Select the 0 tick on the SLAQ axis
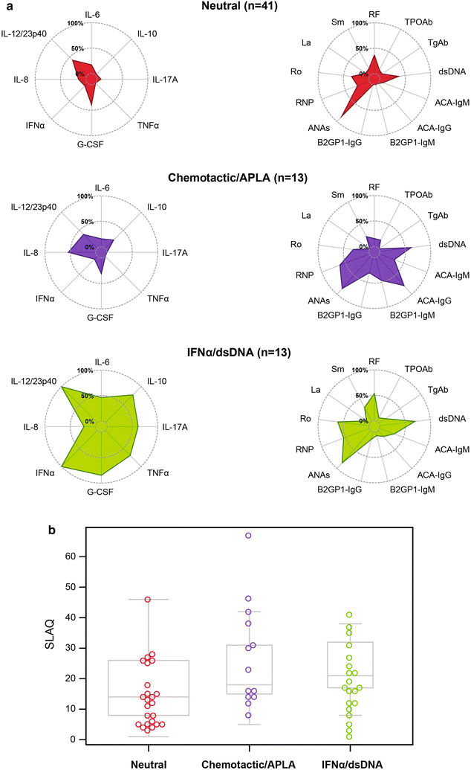pyautogui.click(x=74, y=739)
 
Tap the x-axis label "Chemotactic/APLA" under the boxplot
pyautogui.click(x=248, y=763)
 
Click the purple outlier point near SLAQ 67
pyautogui.click(x=248, y=535)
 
